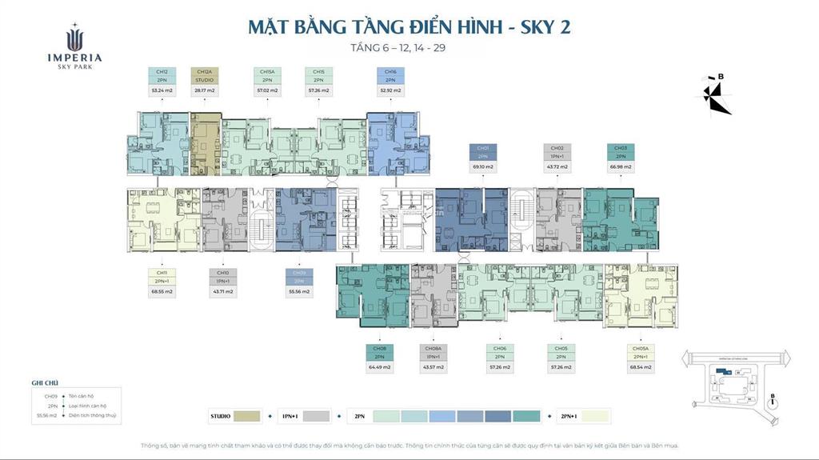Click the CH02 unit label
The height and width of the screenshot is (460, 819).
point(557,148)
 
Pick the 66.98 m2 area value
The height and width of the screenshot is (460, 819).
point(621,166)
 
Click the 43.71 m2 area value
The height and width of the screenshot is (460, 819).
point(222,291)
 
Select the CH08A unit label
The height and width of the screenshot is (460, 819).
point(433,349)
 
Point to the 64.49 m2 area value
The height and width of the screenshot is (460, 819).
point(378,367)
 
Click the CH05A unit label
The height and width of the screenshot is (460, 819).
point(641,349)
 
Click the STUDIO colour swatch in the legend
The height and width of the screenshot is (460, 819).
point(248,416)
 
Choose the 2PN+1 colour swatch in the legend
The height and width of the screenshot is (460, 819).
point(595,416)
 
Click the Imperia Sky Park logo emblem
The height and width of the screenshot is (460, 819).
point(74,39)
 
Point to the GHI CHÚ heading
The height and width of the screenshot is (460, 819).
point(45,383)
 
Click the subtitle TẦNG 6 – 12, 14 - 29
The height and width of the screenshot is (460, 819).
point(409,48)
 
